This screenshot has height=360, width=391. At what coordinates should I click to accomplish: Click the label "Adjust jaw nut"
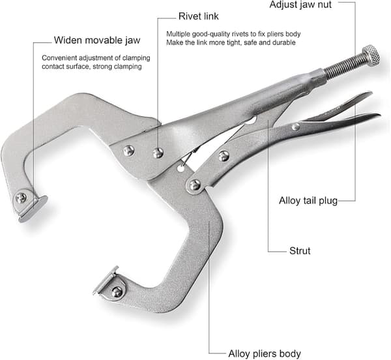(300, 5)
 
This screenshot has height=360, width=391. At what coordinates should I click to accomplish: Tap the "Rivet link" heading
(199, 16)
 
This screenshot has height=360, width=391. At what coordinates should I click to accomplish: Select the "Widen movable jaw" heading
(97, 40)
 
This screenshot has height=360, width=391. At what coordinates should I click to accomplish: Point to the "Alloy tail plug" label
(308, 201)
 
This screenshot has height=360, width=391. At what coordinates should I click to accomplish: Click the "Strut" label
(300, 250)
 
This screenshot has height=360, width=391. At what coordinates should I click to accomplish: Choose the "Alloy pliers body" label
(265, 353)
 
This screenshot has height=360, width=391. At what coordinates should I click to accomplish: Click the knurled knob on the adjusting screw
(371, 55)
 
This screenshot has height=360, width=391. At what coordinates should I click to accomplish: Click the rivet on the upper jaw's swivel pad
(21, 198)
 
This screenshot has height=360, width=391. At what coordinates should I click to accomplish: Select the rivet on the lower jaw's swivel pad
(117, 292)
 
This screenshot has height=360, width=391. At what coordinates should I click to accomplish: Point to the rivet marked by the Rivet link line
(158, 153)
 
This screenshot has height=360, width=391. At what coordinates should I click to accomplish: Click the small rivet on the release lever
(296, 127)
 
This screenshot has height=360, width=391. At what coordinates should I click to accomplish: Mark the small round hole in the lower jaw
(181, 168)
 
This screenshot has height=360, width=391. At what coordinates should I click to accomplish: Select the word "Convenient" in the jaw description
(59, 58)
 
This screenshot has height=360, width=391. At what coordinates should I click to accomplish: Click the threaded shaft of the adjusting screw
(345, 68)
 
